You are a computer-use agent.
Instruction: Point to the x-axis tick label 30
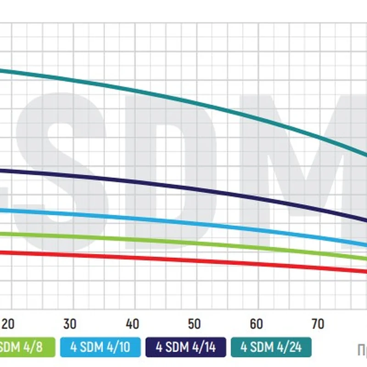[70, 324]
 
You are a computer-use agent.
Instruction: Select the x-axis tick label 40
[132, 324]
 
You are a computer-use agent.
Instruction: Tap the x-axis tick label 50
[195, 324]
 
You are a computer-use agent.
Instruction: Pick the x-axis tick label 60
[256, 324]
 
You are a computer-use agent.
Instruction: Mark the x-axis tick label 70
[318, 324]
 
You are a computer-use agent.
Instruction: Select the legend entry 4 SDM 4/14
[185, 347]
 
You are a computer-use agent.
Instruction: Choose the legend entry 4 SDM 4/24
[271, 347]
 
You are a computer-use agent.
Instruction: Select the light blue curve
[183, 223]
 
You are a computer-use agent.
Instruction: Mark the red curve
[183, 260]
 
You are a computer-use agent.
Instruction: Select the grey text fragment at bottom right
[362, 350]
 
